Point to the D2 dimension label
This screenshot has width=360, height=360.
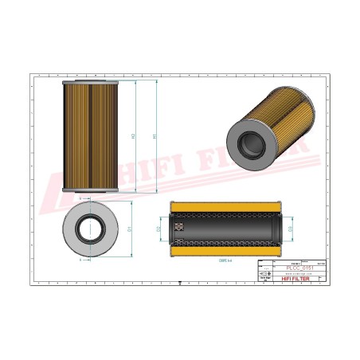(x=159, y=229)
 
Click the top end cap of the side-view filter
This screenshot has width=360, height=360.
(x=90, y=82)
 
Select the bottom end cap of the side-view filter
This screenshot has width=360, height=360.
(x=90, y=190)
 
